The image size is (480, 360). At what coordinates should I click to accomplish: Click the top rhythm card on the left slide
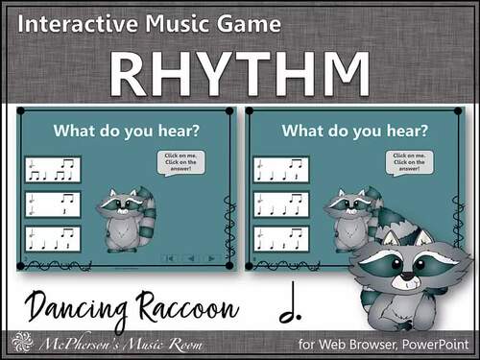[54, 170]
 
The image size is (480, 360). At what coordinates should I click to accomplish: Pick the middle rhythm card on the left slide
[54, 204]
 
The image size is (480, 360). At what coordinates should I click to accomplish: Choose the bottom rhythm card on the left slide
[54, 238]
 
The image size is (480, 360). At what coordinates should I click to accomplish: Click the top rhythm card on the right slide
[281, 170]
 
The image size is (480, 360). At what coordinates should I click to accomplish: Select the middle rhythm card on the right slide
[281, 204]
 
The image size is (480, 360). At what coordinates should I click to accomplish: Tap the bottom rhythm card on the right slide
[281, 238]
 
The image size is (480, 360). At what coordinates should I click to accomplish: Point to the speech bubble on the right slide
[403, 162]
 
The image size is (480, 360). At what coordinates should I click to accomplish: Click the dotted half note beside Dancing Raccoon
[286, 307]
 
